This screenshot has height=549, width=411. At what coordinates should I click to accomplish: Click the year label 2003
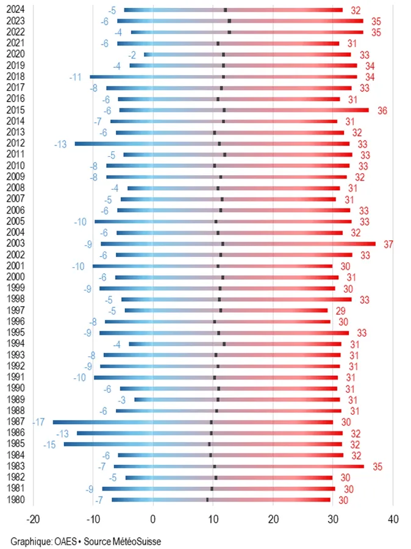coord(15,244)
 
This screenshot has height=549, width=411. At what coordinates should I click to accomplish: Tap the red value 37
coord(389,244)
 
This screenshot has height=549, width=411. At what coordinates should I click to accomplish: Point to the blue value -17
coord(39,422)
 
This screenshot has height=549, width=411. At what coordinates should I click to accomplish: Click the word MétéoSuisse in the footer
coord(137,540)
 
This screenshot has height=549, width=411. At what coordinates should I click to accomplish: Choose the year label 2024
coord(15,10)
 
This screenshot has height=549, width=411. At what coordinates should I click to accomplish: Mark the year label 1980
coord(15,500)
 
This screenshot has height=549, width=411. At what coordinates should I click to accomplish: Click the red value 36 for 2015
coord(382,110)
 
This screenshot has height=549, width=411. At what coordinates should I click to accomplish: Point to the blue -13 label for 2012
coord(60,144)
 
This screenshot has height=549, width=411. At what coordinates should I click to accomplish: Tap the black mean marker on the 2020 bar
coord(224,54)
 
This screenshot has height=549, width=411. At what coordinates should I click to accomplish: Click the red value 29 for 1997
coord(341,311)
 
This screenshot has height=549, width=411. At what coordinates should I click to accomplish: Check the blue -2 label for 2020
coord(132,55)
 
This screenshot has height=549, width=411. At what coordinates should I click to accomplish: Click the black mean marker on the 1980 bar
coord(207,500)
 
